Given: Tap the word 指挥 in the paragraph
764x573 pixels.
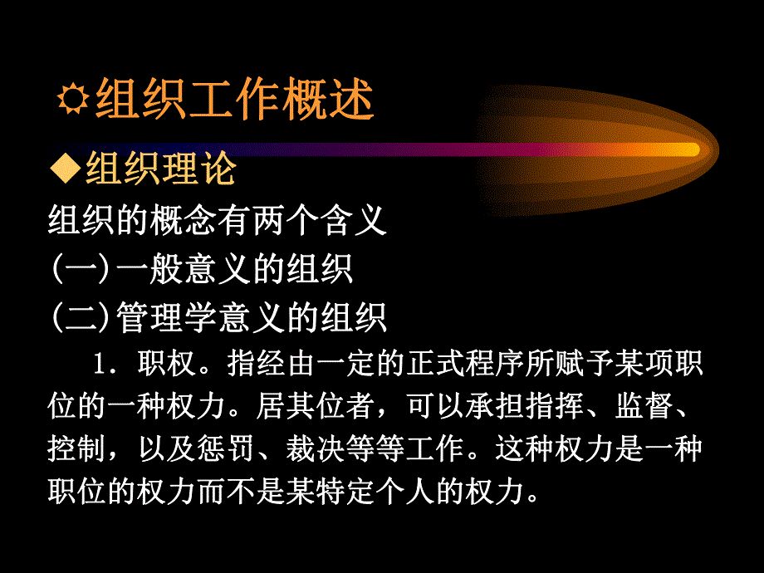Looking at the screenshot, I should pos(550,409).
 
